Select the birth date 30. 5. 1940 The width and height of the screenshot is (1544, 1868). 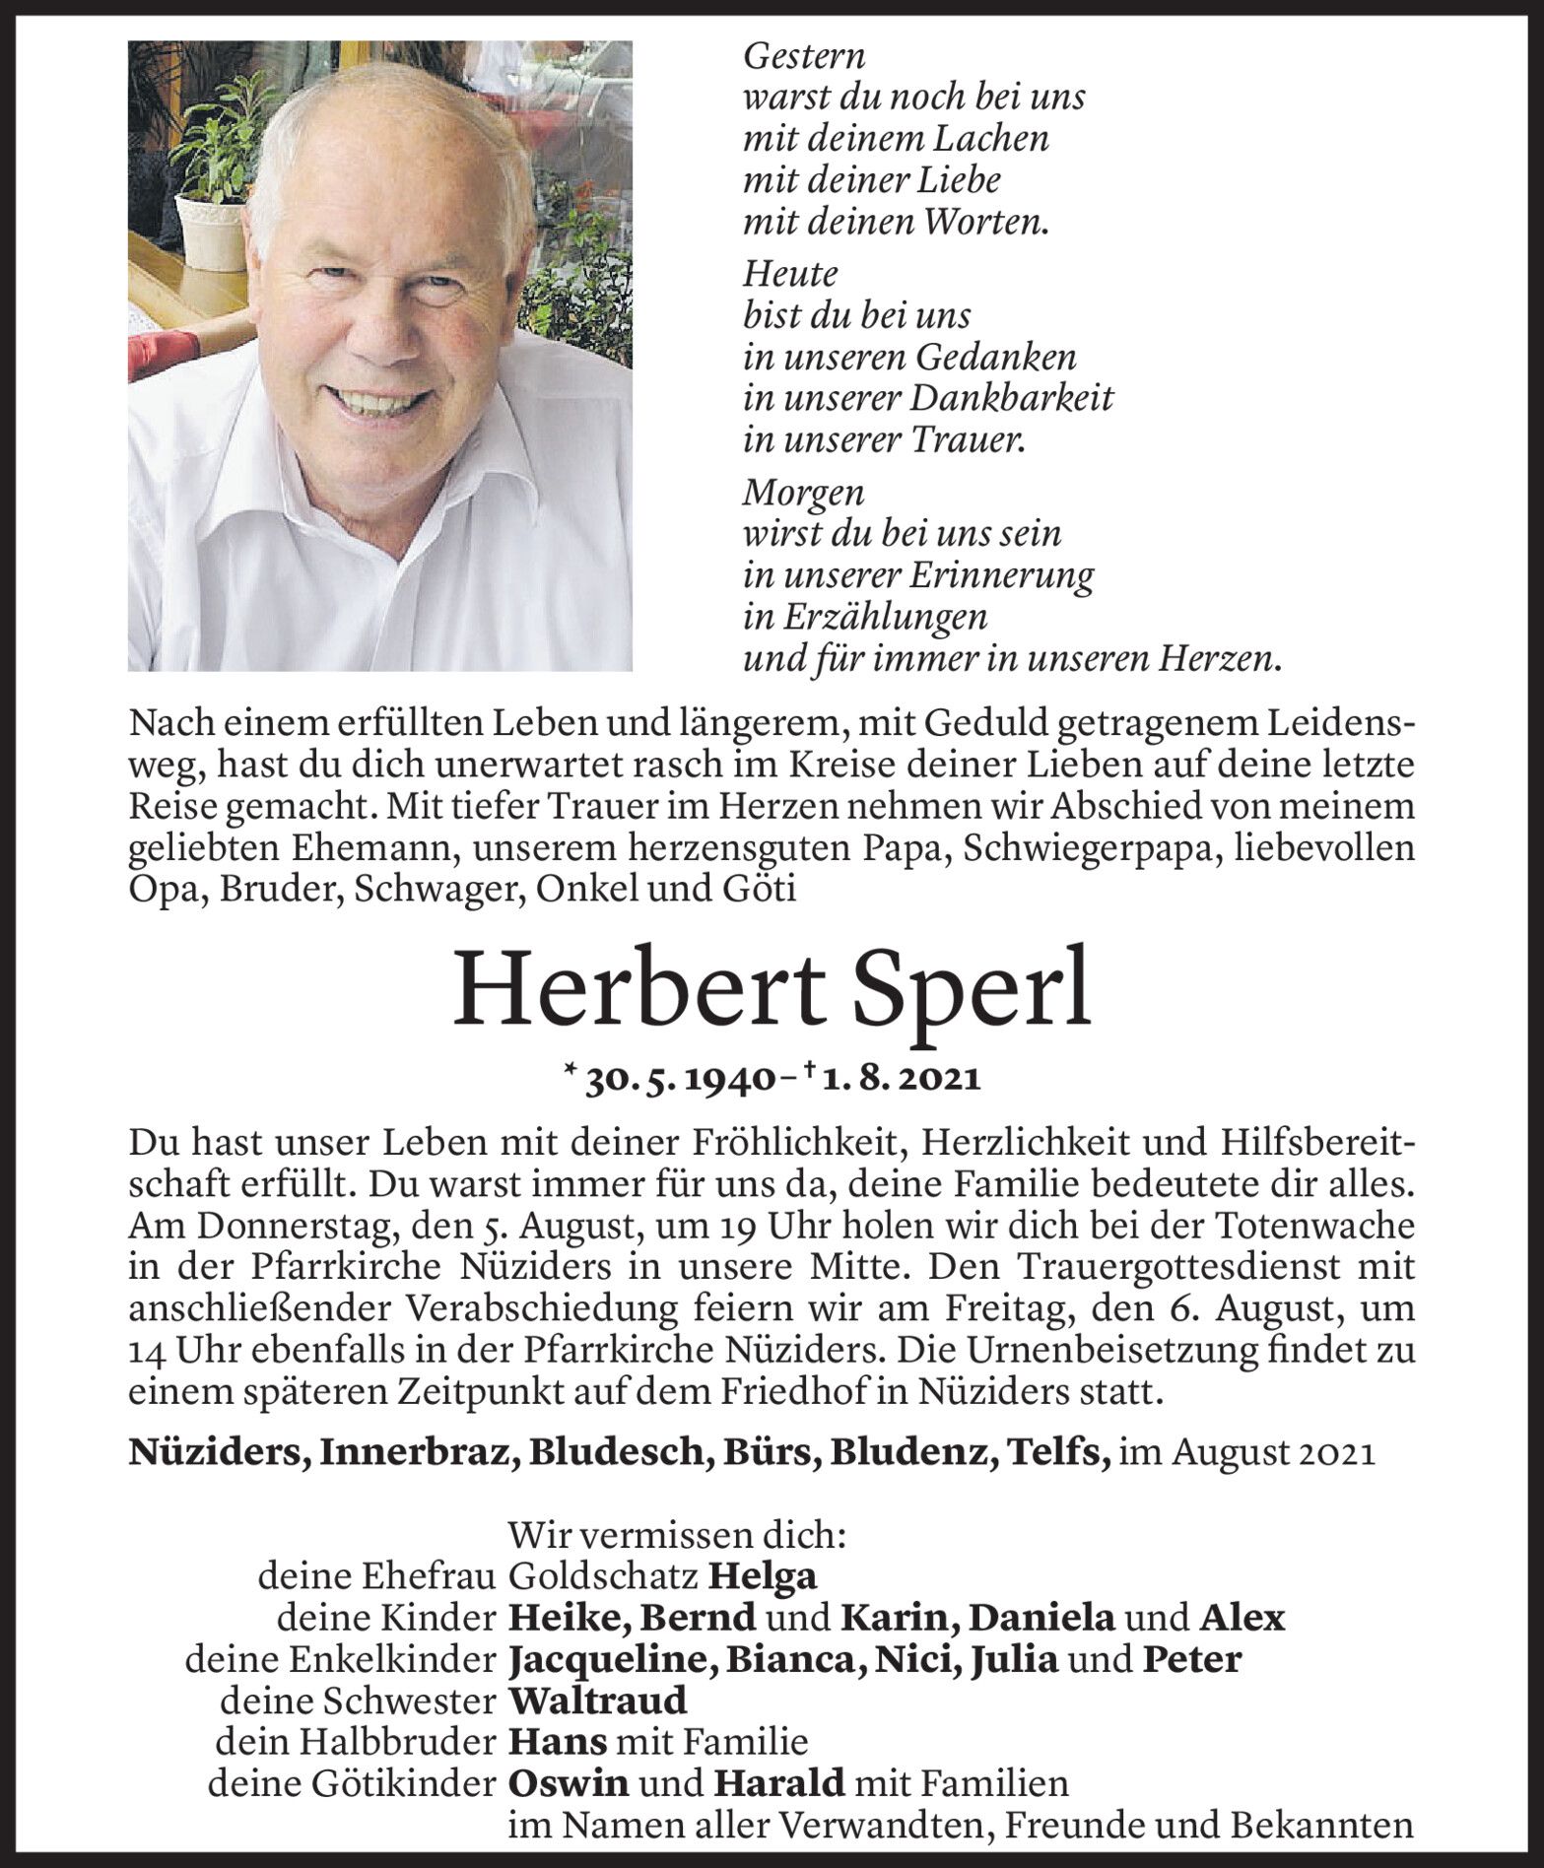coord(677,1078)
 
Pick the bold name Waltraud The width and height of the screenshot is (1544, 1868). coord(597,1701)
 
